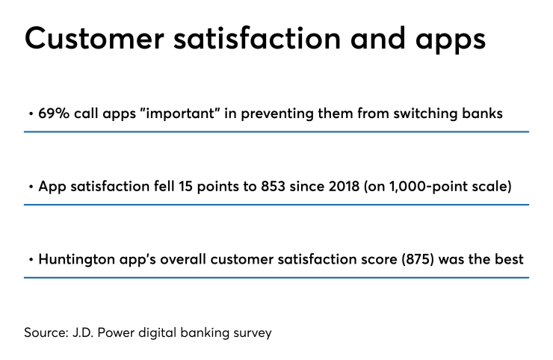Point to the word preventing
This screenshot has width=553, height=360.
262,114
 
